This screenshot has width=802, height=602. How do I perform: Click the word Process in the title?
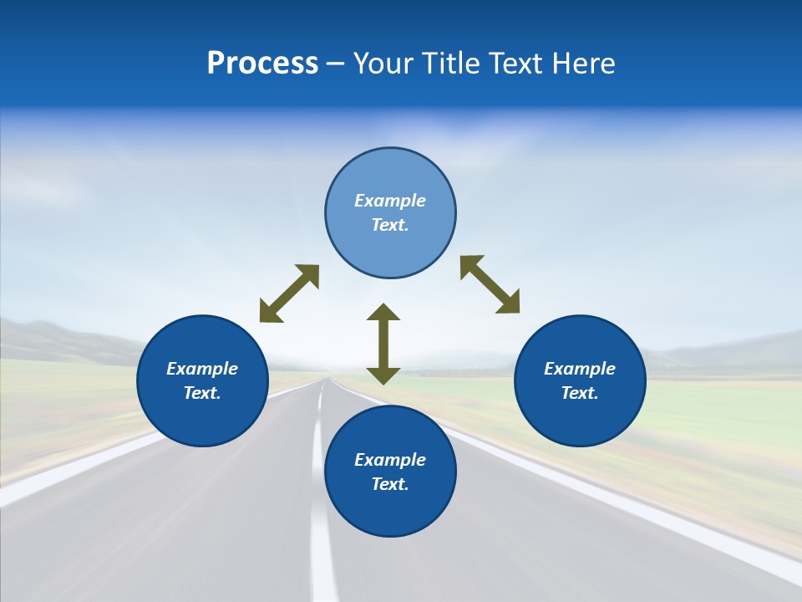(262, 64)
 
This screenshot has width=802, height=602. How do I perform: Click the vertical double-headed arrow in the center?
(383, 344)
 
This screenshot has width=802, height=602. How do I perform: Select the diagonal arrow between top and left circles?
(289, 293)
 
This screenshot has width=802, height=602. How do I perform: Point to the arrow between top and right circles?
(490, 284)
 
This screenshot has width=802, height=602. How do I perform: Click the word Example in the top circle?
(390, 201)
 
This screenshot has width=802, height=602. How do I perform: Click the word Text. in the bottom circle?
(390, 484)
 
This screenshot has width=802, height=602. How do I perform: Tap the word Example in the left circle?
(202, 369)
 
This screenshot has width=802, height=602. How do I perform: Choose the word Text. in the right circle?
(580, 393)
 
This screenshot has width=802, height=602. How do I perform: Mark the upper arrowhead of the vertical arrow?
(383, 313)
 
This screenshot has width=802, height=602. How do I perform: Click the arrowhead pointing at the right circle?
(509, 303)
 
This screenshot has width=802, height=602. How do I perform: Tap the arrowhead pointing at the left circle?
(270, 313)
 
